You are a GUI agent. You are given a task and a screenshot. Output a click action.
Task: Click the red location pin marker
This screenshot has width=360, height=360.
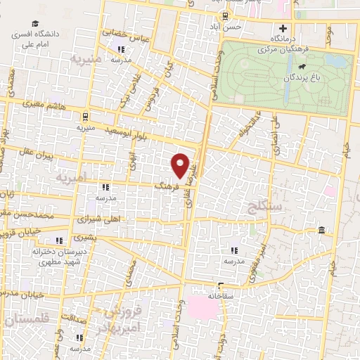181,166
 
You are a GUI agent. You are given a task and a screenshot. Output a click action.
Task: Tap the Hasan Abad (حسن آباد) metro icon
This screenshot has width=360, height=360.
224,16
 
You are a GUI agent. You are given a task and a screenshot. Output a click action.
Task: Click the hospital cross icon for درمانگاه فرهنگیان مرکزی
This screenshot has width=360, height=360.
283,30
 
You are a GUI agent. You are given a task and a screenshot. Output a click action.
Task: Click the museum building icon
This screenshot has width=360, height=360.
321,231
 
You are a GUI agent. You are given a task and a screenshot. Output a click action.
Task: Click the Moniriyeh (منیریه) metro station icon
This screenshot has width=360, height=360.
85,116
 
